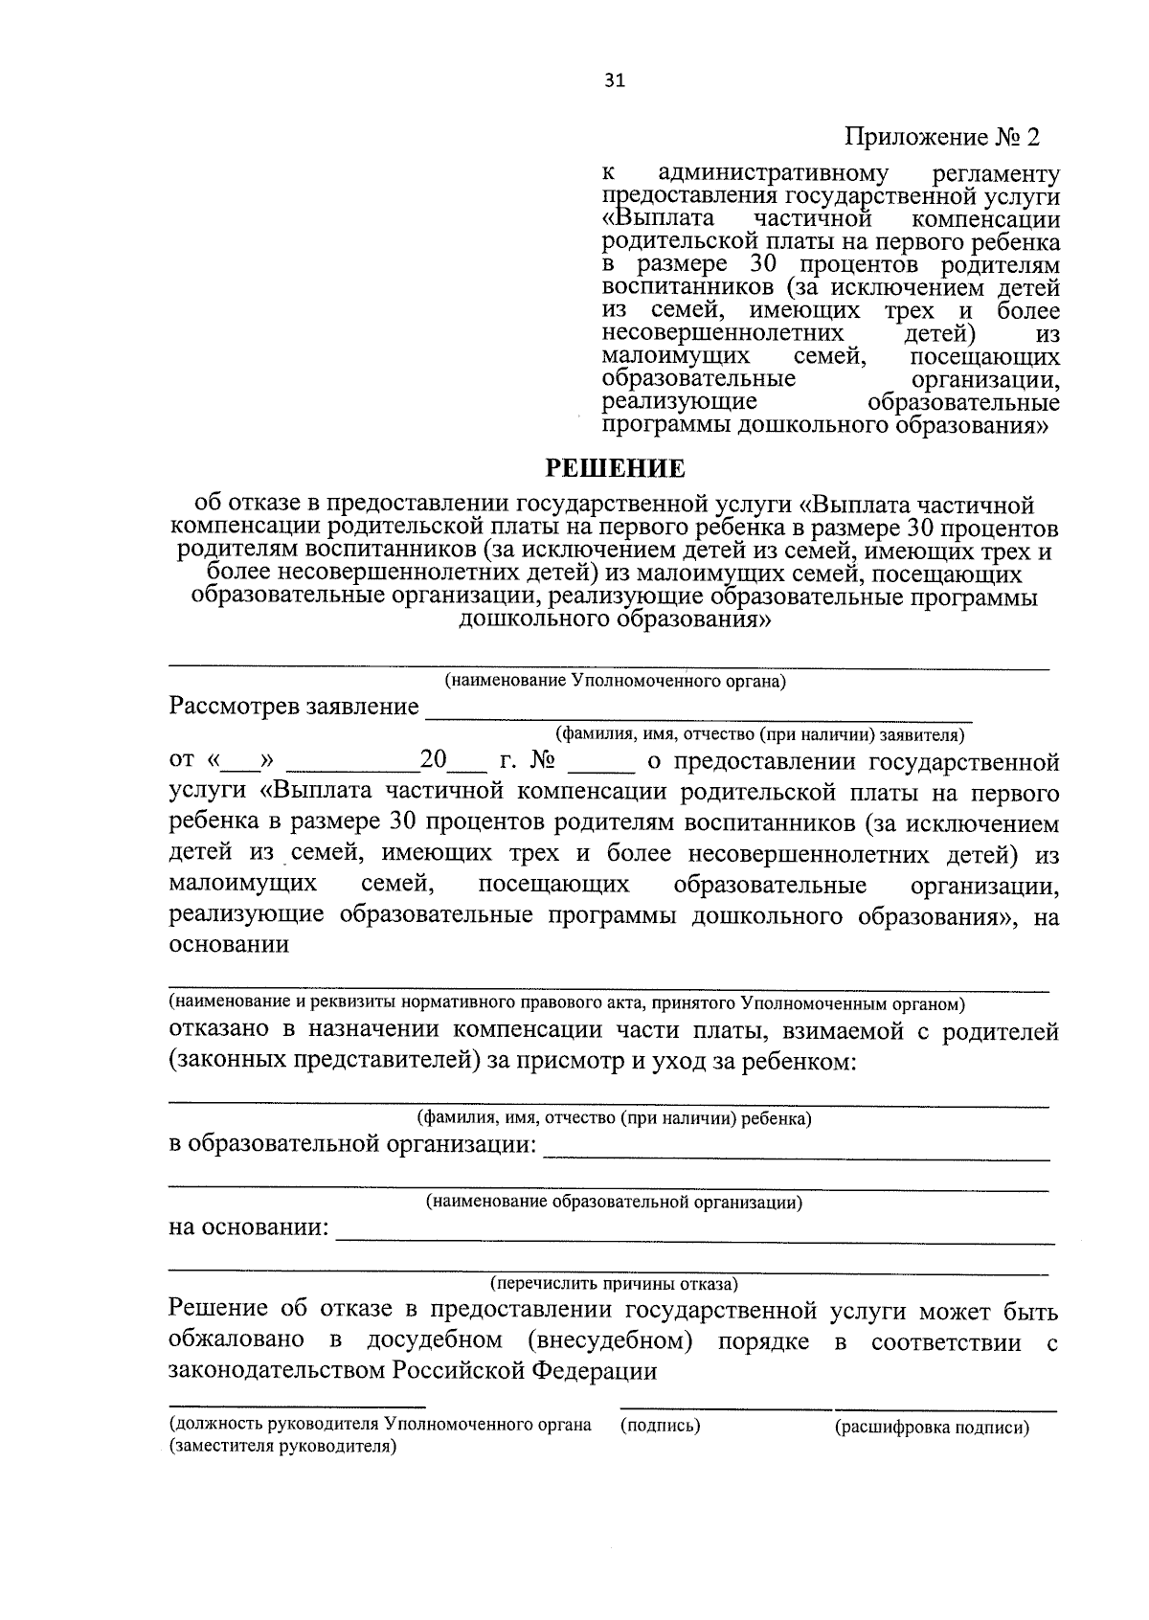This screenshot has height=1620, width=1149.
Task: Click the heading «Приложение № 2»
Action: pos(941,138)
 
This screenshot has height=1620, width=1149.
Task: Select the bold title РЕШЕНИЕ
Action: pos(615,468)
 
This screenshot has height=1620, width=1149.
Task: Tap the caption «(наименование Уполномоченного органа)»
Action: pos(614,682)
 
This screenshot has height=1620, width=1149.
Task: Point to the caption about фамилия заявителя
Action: pos(759,735)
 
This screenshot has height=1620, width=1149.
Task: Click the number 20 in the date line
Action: pos(434,762)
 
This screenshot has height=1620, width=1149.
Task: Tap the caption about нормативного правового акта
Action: pos(567,1003)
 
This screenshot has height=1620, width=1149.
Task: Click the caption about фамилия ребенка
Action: pos(614,1117)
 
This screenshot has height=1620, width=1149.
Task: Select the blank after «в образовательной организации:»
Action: pos(796,1154)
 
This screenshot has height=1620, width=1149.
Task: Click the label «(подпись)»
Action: pos(661,1426)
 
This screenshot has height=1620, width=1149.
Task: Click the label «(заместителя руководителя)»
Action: pos(282,1447)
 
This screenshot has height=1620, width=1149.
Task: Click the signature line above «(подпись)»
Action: pos(726,1407)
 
